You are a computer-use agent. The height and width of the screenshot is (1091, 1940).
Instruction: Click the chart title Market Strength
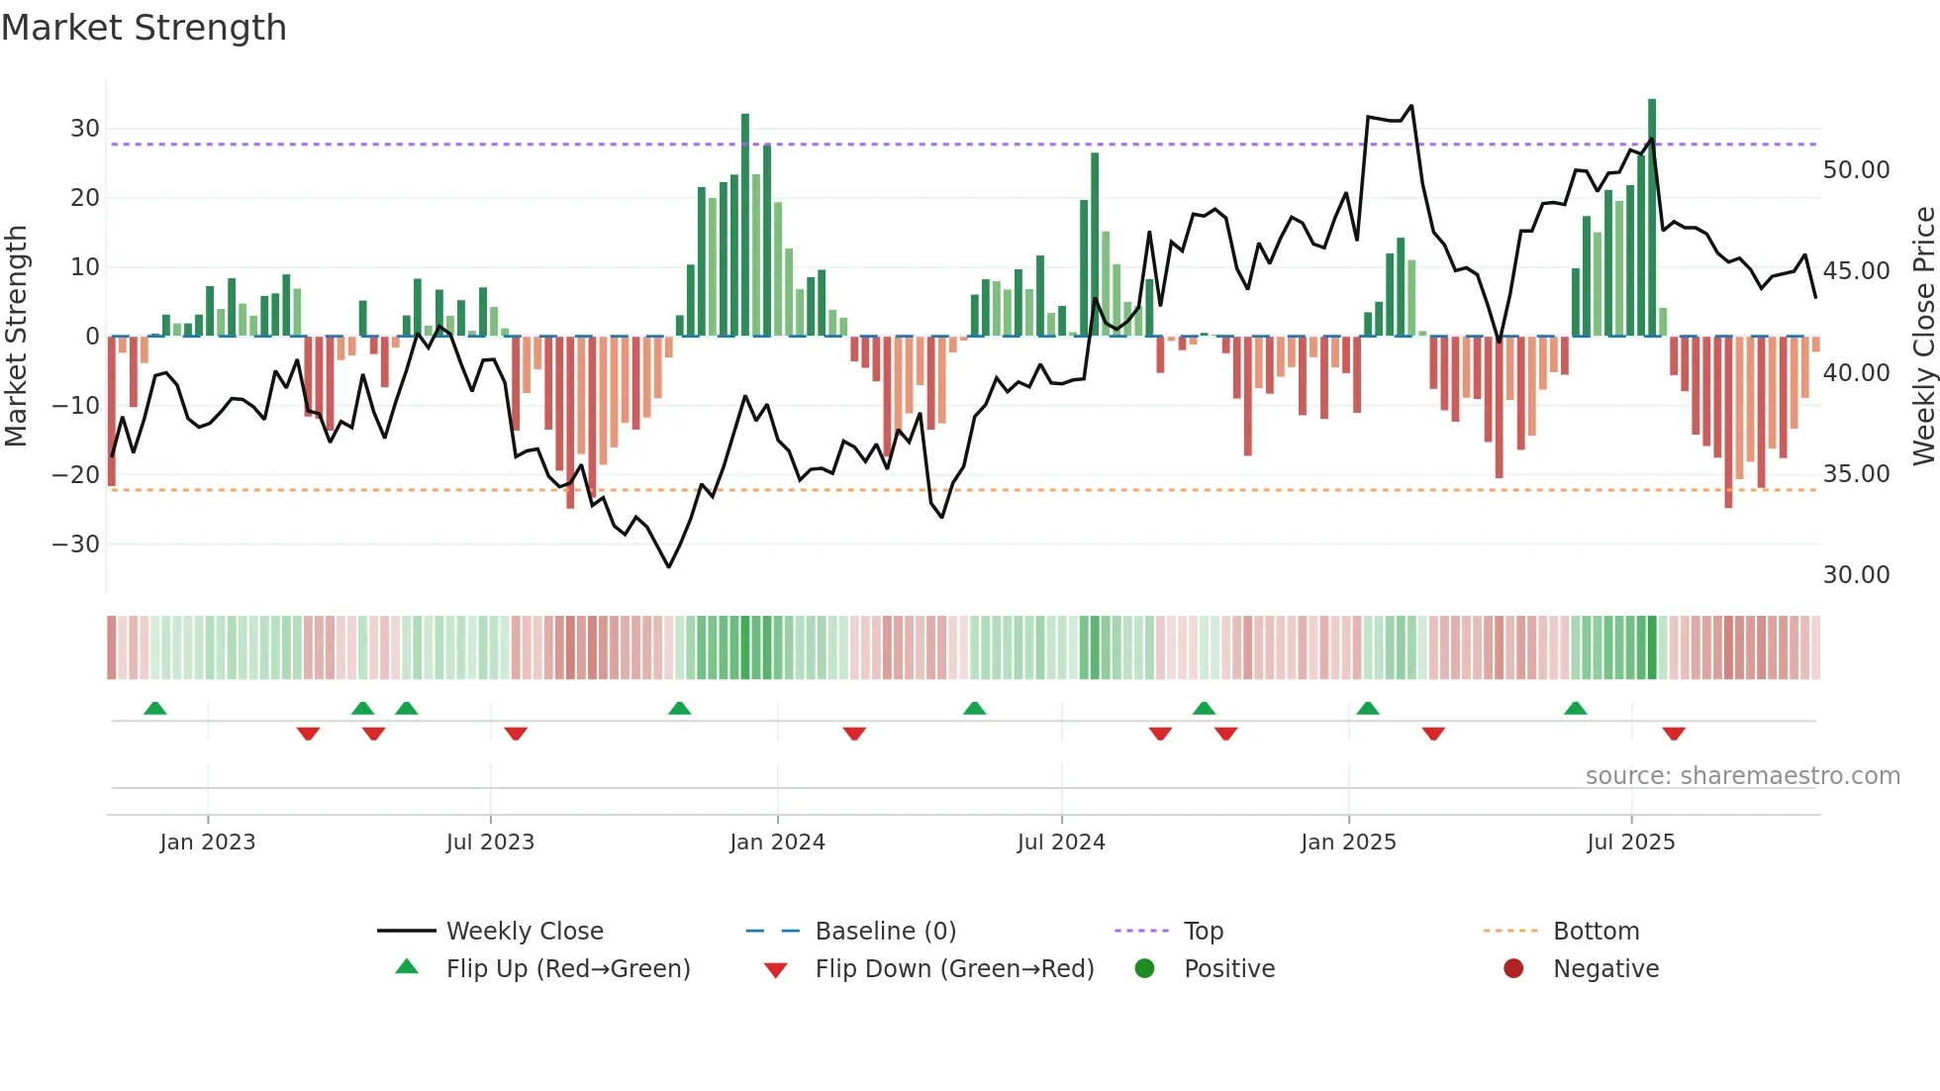(x=144, y=28)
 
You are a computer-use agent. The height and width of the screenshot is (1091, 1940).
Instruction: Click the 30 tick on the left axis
(x=84, y=129)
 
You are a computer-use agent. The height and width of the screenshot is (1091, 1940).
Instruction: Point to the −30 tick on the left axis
(x=76, y=545)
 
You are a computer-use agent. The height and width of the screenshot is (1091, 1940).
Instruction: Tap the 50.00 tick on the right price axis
(x=1856, y=170)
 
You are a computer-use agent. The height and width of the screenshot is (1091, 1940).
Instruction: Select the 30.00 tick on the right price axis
(x=1856, y=575)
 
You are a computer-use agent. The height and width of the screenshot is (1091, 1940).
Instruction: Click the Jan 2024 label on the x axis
(x=777, y=843)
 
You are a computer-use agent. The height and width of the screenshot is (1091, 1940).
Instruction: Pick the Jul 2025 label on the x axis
(x=1630, y=843)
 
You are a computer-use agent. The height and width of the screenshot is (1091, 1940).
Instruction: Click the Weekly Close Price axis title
(x=1923, y=337)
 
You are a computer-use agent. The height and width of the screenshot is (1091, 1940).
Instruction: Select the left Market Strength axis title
(x=16, y=337)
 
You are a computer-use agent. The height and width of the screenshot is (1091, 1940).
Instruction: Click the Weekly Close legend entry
(x=524, y=932)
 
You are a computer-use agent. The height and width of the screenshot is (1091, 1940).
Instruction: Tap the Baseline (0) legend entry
(x=885, y=932)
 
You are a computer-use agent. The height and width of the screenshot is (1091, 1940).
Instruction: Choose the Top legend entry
(x=1203, y=932)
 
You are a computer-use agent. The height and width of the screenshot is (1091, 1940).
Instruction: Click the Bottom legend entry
(x=1596, y=932)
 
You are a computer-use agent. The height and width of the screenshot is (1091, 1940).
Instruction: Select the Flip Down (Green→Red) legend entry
(x=954, y=969)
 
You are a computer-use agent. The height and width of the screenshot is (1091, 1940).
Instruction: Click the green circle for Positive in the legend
(x=1144, y=969)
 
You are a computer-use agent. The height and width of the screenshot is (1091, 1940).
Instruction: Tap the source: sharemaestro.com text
(x=1742, y=776)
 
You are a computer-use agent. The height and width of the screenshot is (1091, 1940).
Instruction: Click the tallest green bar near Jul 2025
(x=1652, y=218)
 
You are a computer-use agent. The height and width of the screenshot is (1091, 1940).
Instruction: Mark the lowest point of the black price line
(x=669, y=566)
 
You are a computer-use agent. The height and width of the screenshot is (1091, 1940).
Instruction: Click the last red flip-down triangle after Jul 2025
(x=1674, y=734)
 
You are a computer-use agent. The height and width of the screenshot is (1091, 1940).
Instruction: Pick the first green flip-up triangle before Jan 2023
(x=155, y=708)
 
